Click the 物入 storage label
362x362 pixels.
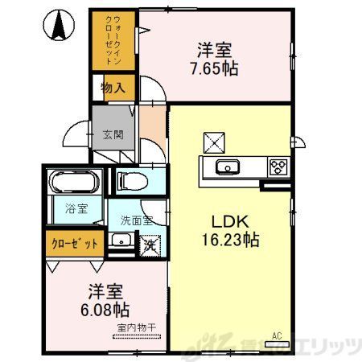[113, 88]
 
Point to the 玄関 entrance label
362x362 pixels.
[112, 134]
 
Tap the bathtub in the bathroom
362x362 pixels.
[72, 182]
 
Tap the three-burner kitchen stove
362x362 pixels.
[278, 167]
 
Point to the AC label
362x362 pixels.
[276, 335]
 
